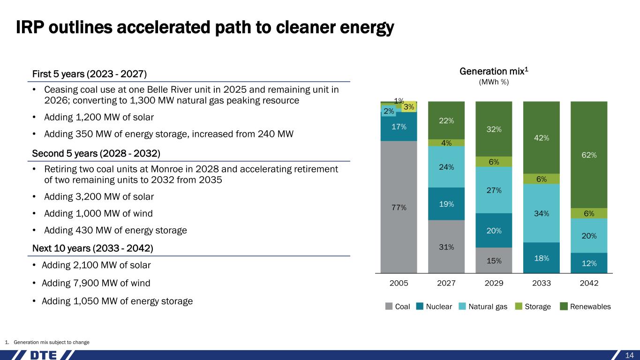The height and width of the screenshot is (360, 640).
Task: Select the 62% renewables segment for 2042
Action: click(588, 155)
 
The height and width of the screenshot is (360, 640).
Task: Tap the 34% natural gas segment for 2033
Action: click(541, 213)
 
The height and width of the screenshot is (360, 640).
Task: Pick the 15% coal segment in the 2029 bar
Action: click(494, 261)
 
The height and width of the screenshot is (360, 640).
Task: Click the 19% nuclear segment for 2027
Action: click(446, 204)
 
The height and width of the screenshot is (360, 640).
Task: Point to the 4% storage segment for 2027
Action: click(446, 142)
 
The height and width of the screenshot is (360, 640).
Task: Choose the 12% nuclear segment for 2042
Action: click(588, 263)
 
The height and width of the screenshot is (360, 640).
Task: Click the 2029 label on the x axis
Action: click(494, 284)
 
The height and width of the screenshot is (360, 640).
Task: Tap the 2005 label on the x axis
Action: click(399, 284)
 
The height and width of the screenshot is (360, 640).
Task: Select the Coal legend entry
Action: click(398, 307)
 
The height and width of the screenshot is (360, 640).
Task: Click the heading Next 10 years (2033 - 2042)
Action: click(92, 248)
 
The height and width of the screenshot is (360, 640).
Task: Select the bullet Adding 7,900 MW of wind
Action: click(96, 283)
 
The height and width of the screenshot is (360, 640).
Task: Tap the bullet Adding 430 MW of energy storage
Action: click(115, 230)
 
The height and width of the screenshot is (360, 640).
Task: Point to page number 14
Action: click(630, 355)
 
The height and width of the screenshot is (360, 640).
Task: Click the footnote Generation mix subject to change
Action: click(52, 342)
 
